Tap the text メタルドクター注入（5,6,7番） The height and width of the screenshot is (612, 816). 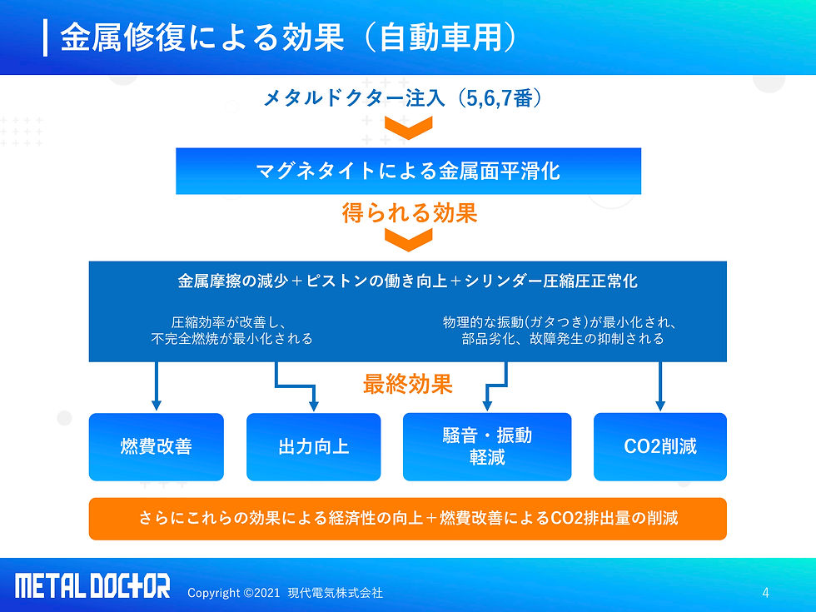point(403,99)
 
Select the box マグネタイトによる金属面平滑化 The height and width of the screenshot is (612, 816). point(408,172)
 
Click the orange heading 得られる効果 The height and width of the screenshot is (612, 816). point(409,213)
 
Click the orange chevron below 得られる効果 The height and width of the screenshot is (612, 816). point(408,241)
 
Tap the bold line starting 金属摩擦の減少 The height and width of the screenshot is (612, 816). point(408,281)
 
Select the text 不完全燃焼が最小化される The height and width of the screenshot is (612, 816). point(232,339)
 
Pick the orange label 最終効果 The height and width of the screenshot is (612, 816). point(407,384)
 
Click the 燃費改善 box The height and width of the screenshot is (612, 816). point(157,447)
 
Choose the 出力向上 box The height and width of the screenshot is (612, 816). point(313,447)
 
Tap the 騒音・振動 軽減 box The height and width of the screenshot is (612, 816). point(487,447)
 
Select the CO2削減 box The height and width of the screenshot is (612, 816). point(660,447)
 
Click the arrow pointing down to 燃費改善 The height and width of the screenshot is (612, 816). point(156,387)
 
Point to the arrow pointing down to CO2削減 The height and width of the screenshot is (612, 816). point(660,387)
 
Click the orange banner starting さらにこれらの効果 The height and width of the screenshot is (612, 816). point(408,519)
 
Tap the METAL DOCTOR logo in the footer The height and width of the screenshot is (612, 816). point(92,586)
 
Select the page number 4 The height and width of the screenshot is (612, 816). point(765,593)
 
